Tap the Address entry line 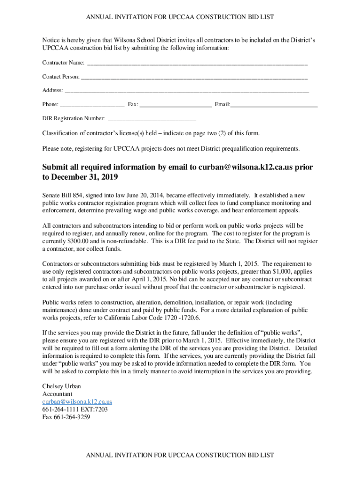(187, 91)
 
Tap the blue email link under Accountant (77, 402)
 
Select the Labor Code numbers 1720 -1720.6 (179, 318)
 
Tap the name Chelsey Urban (61, 386)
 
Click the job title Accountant (57, 394)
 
